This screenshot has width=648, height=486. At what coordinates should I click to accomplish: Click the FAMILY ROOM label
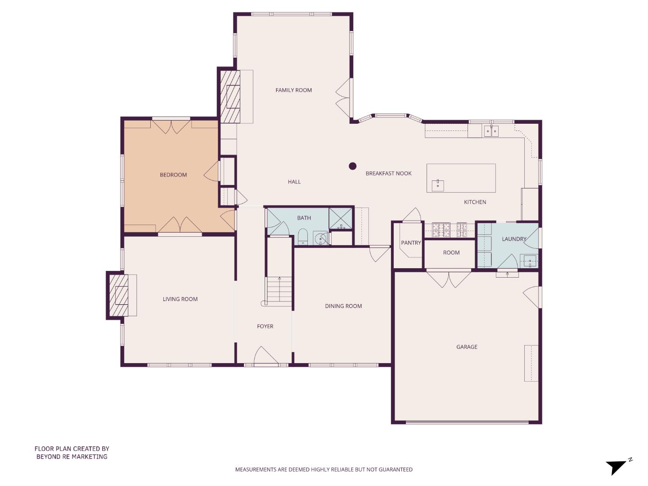click(293, 90)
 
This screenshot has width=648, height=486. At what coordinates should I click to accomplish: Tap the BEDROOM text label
click(173, 175)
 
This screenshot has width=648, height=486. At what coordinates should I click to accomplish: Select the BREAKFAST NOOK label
click(388, 173)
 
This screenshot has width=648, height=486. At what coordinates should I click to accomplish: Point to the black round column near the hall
click(353, 166)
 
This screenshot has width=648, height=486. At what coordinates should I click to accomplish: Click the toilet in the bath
click(303, 237)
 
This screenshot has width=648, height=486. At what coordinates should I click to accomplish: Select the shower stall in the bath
click(341, 219)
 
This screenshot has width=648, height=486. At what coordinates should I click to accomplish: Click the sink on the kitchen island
click(438, 185)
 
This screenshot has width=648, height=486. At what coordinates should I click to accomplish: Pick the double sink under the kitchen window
click(491, 131)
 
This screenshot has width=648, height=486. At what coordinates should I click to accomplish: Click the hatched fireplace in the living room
click(119, 296)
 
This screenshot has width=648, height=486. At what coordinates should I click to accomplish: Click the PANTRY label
click(411, 243)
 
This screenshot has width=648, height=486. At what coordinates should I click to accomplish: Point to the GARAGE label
click(467, 347)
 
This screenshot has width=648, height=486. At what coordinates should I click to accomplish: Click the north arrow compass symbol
click(617, 466)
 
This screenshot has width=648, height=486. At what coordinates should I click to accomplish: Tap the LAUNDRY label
click(514, 239)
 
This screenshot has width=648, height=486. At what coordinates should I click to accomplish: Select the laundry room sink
click(530, 261)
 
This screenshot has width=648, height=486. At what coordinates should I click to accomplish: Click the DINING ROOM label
click(343, 306)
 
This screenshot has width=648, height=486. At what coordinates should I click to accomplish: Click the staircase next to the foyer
click(279, 290)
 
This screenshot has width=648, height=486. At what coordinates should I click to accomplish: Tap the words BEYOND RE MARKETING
click(72, 456)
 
